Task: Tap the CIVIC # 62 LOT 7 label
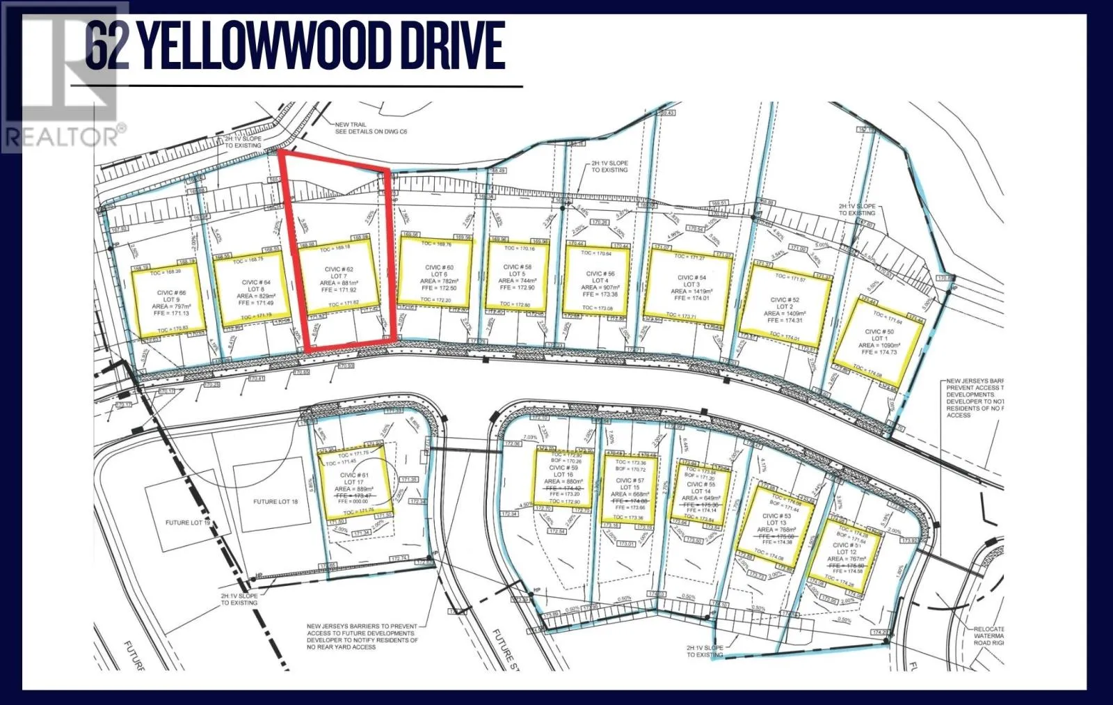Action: click(x=339, y=273)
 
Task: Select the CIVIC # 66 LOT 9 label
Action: click(x=171, y=296)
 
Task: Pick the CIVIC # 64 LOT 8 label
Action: click(x=256, y=286)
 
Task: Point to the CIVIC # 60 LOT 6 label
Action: click(x=439, y=271)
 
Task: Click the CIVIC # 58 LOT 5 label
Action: click(x=518, y=270)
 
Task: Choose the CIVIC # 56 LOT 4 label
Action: click(x=600, y=277)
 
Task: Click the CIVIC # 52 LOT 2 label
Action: click(x=784, y=303)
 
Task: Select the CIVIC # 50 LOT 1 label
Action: click(x=879, y=335)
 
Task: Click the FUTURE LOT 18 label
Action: click(x=275, y=501)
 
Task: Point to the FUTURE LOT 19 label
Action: click(x=187, y=523)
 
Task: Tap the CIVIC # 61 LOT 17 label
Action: click(x=354, y=478)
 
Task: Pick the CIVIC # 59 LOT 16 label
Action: click(x=563, y=471)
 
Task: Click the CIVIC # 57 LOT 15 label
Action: click(x=630, y=484)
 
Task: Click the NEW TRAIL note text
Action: click(x=350, y=125)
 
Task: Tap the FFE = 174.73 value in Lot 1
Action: click(x=879, y=352)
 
